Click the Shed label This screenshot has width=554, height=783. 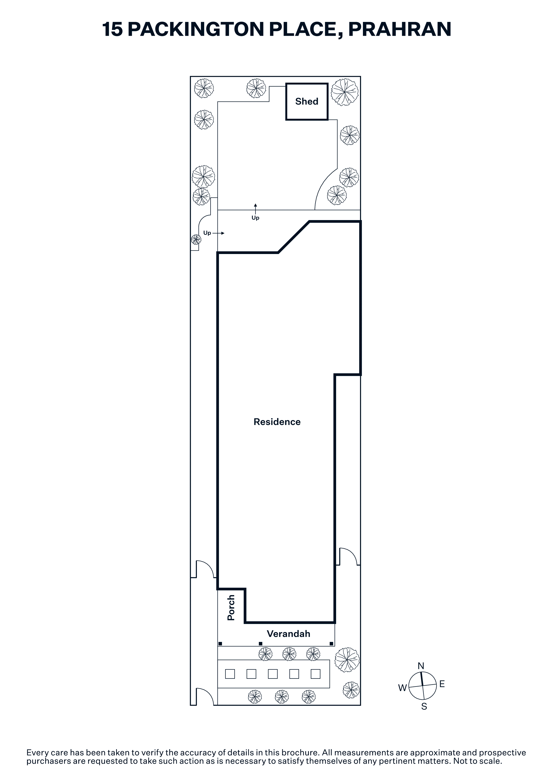(307, 101)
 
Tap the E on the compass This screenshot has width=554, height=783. (442, 684)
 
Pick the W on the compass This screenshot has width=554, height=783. (402, 688)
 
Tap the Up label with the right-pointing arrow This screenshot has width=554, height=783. (207, 233)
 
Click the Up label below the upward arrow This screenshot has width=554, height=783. (255, 218)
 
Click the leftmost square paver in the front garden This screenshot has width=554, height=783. (230, 674)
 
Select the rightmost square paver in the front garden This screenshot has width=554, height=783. (316, 674)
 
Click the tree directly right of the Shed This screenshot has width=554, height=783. (345, 92)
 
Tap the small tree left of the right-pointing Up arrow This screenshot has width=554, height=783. (196, 240)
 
